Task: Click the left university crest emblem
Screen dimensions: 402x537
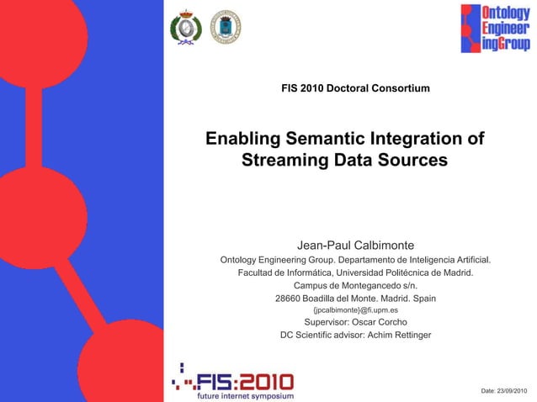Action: tap(186, 28)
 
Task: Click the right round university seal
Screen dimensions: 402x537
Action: tap(225, 28)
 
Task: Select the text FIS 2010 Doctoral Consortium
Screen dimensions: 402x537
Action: tap(355, 88)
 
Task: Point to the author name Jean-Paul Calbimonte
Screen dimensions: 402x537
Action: tap(356, 245)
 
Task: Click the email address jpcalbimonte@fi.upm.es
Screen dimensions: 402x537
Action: tap(355, 309)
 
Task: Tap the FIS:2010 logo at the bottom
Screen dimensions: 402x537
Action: tap(232, 377)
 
